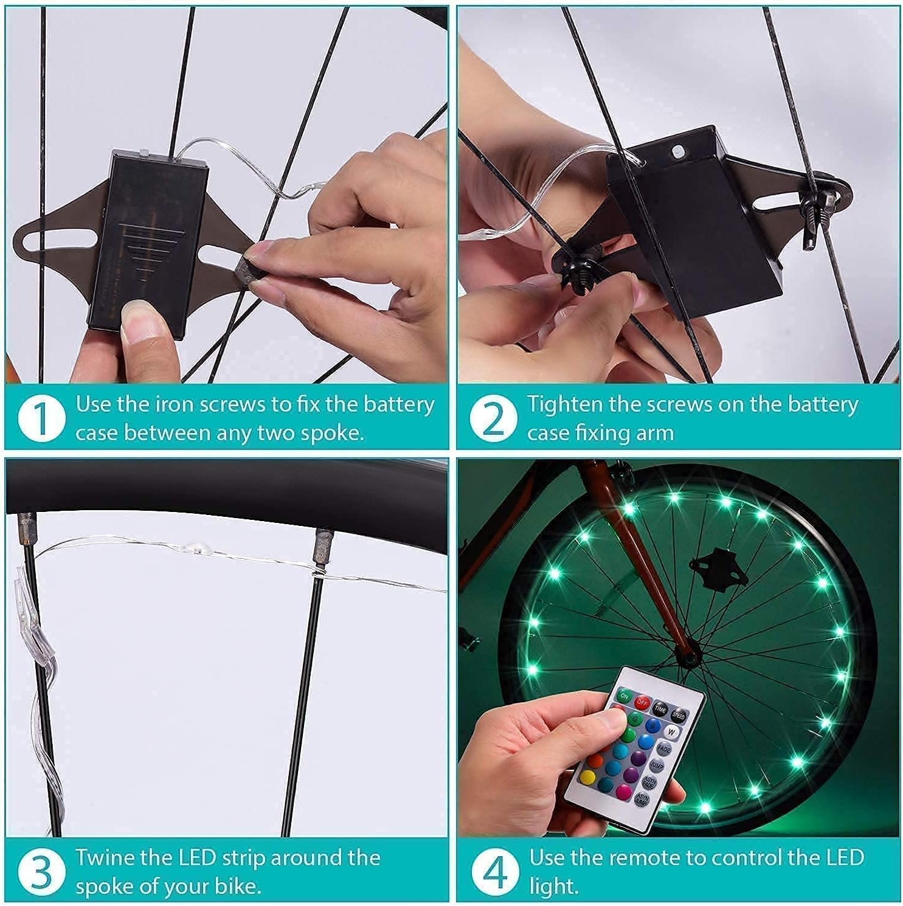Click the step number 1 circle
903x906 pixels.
[41, 418]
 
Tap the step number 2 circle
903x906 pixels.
[493, 418]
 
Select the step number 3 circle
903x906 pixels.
[41, 871]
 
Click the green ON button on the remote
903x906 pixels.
[624, 696]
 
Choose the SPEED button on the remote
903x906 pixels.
[679, 716]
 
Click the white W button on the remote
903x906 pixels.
[671, 731]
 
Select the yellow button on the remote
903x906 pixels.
[587, 776]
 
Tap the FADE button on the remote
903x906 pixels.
[663, 749]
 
